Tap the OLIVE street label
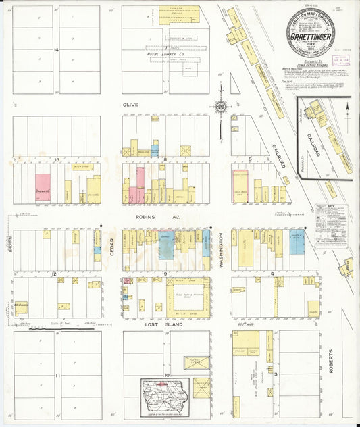click(x=130, y=105)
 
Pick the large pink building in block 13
click(x=43, y=188)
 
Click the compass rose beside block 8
click(x=220, y=106)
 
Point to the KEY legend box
click(x=330, y=225)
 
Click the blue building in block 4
click(x=297, y=242)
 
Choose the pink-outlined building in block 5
click(x=240, y=186)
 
